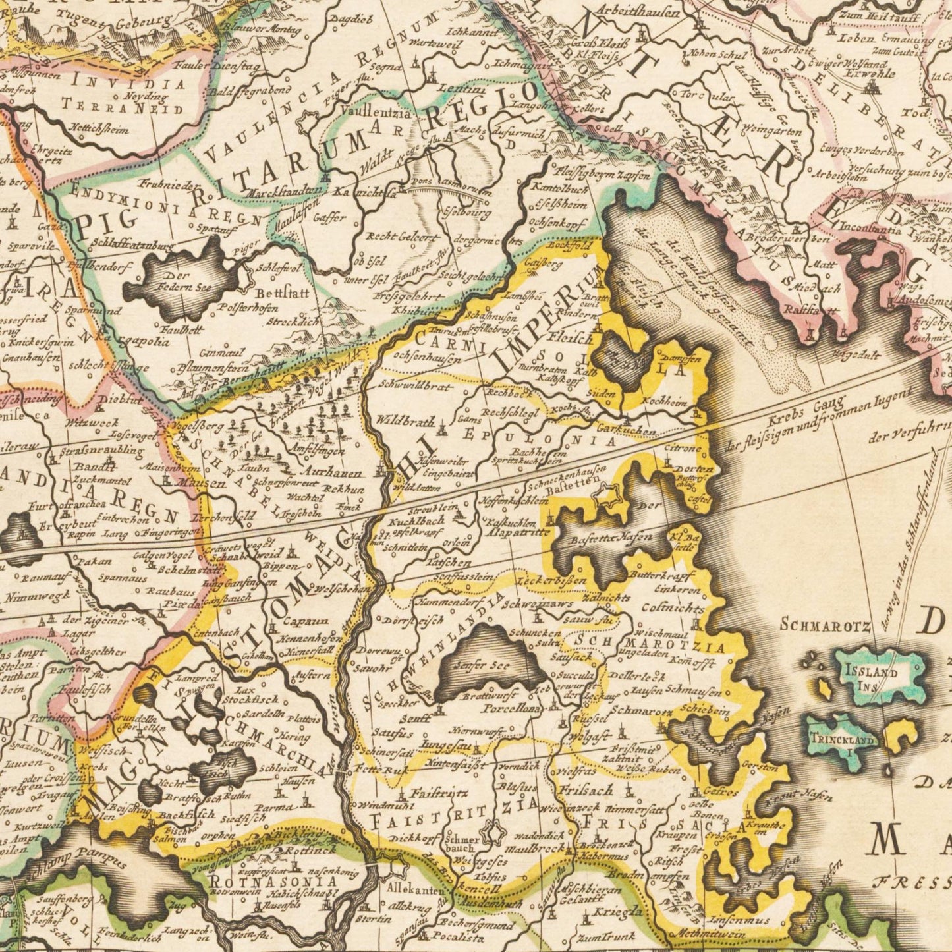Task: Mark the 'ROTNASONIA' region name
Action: point(273,882)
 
